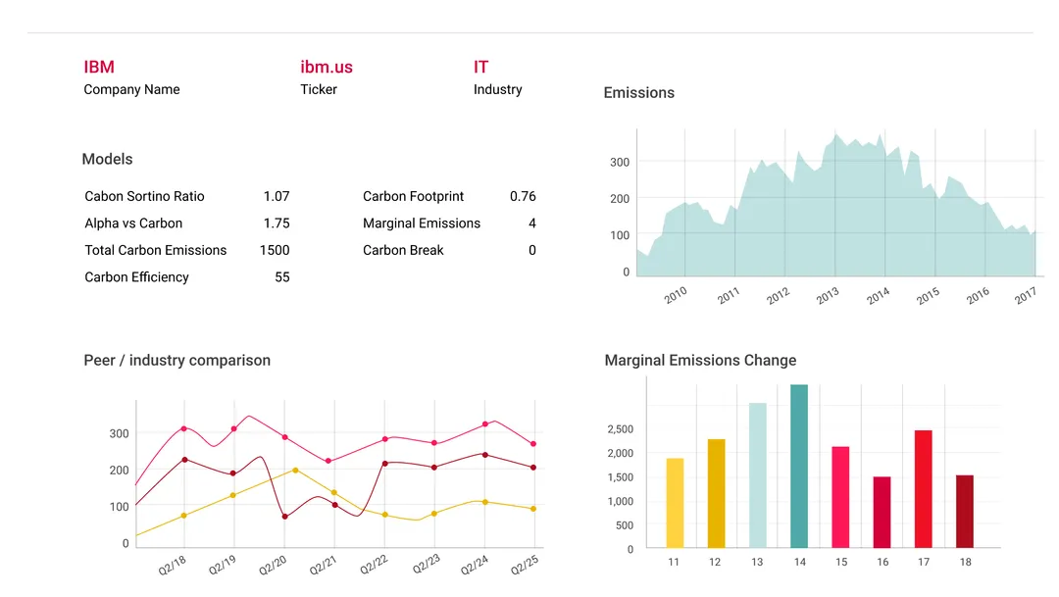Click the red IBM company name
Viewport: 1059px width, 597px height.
[x=99, y=67]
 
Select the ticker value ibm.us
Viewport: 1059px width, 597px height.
[x=326, y=67]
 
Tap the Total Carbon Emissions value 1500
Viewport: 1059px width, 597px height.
[x=275, y=250]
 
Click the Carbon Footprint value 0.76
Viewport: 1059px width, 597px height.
[x=523, y=196]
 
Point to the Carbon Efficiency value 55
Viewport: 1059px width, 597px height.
[x=282, y=277]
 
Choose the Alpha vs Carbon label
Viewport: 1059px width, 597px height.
[x=133, y=224]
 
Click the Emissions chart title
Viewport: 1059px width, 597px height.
[x=638, y=93]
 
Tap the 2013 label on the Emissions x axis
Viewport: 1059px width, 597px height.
[x=827, y=295]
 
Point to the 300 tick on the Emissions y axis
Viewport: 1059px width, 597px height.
[x=620, y=162]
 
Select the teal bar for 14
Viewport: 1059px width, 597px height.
[x=799, y=466]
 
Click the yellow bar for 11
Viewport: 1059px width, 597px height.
[x=675, y=503]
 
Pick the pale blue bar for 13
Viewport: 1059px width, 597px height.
[x=757, y=475]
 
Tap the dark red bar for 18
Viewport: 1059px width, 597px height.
[x=965, y=511]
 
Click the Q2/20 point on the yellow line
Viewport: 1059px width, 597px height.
[x=295, y=471]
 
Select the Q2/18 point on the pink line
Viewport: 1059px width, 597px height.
[x=183, y=428]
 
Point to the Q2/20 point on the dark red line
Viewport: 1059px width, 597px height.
[x=284, y=517]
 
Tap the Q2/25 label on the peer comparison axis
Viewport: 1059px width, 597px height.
[x=525, y=567]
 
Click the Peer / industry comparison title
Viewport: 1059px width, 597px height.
[x=176, y=361]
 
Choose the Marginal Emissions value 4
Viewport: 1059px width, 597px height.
[x=532, y=224]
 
